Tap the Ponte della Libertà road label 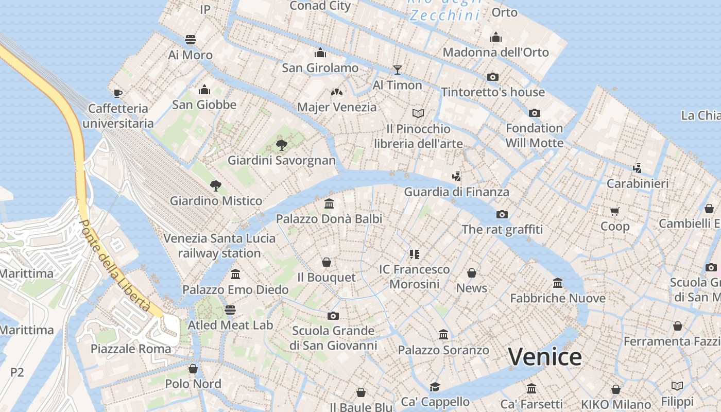click(115, 266)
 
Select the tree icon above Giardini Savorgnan click(281, 145)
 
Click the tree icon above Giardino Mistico click(216, 185)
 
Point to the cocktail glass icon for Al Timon click(397, 70)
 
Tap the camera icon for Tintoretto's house click(493, 77)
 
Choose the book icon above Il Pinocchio click(418, 113)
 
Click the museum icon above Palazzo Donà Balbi click(329, 203)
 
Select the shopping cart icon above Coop click(614, 211)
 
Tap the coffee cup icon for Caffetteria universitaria click(118, 93)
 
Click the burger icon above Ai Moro click(190, 40)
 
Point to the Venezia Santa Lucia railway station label click(219, 246)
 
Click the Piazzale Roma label click(131, 349)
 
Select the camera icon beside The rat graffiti click(502, 214)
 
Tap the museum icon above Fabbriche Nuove click(557, 283)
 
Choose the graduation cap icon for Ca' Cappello click(435, 387)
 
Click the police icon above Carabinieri click(638, 168)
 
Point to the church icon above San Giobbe click(204, 90)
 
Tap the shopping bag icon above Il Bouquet click(326, 262)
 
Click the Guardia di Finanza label click(456, 192)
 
